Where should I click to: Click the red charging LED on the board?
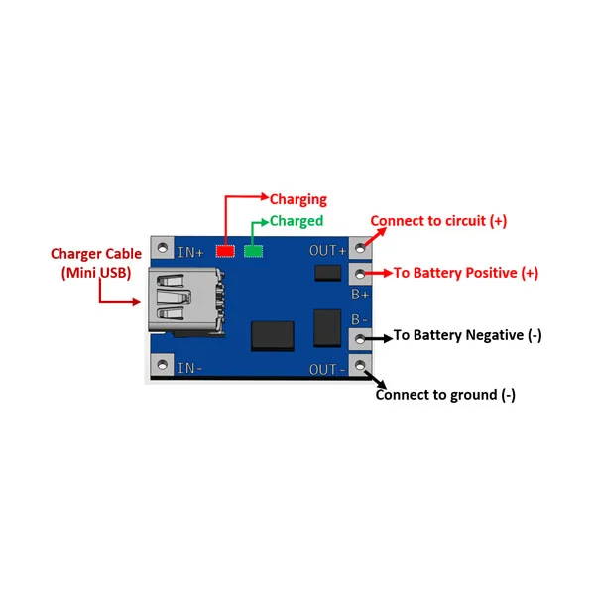[225, 251]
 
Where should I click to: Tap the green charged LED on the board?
[253, 251]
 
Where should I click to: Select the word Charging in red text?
[298, 199]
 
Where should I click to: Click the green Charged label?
[297, 221]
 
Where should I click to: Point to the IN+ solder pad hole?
[163, 248]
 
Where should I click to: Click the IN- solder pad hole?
[163, 365]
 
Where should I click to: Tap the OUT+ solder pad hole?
[360, 248]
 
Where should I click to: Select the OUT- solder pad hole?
[360, 365]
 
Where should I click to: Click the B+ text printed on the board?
[360, 295]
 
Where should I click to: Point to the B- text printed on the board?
[359, 319]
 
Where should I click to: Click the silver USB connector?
[184, 300]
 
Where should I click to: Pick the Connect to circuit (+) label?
[438, 221]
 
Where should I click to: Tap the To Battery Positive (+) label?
[466, 273]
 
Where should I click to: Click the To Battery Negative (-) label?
[467, 335]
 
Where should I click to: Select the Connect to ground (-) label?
[445, 395]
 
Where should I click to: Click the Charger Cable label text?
[96, 254]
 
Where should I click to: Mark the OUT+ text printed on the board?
[328, 251]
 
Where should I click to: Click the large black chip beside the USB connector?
[273, 336]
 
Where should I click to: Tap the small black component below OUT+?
[328, 273]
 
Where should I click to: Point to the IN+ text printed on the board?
[190, 252]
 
